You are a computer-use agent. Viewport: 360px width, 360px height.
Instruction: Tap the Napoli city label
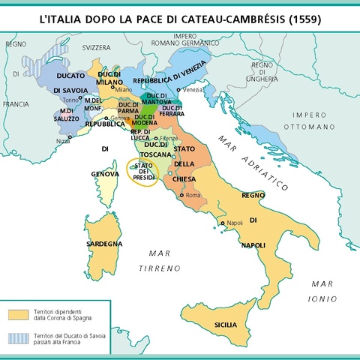click(x=235, y=223)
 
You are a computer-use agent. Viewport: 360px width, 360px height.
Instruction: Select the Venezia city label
click(x=193, y=90)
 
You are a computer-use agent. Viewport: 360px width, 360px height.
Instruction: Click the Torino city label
click(x=70, y=99)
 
